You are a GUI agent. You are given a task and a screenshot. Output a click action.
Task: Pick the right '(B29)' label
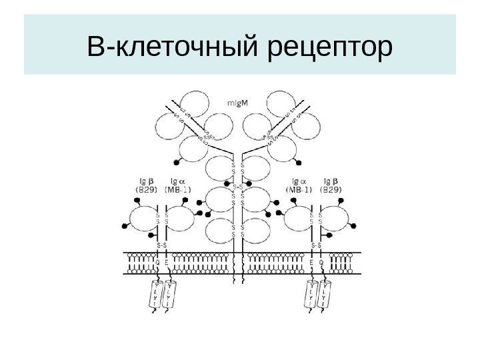click(331, 189)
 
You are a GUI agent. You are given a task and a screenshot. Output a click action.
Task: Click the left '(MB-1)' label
click(177, 189)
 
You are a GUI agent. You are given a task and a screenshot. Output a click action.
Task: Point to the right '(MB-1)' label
click(298, 189)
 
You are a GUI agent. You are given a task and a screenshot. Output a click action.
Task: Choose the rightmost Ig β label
click(330, 181)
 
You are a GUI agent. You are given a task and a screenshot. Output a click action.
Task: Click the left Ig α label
click(177, 181)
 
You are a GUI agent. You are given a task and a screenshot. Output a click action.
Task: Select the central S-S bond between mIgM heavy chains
click(237, 188)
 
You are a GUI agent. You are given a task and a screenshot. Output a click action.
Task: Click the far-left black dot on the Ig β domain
click(125, 227)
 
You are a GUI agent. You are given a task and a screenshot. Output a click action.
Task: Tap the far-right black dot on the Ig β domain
click(354, 227)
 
